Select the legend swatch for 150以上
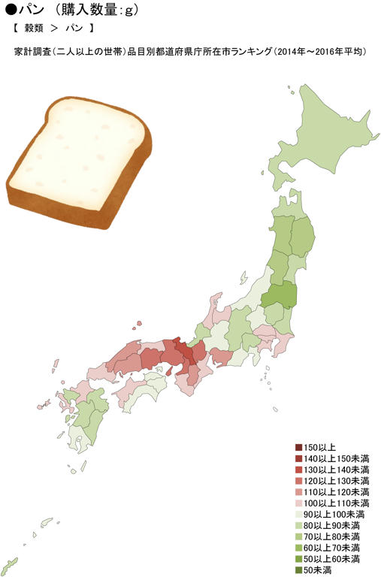(x=298, y=447)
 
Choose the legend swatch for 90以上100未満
(x=298, y=515)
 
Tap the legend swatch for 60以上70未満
(x=298, y=548)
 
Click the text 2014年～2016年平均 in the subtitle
(x=320, y=53)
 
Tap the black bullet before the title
(x=8, y=11)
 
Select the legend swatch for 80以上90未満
(x=298, y=526)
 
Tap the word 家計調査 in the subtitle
(x=32, y=53)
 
